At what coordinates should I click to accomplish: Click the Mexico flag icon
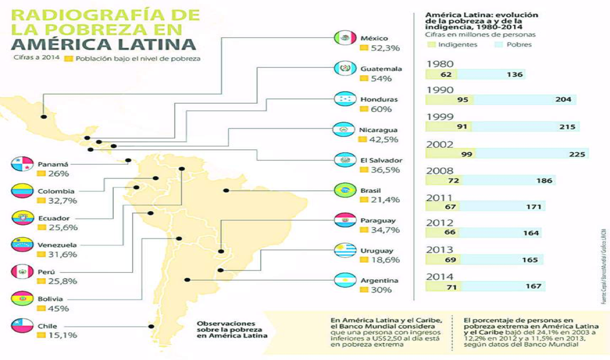point(344,38)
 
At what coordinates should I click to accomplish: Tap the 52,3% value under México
point(381,48)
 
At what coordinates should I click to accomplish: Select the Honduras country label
point(379,99)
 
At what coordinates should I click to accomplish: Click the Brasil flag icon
point(344,190)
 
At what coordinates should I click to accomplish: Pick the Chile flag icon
point(21,326)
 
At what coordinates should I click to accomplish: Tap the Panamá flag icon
point(21,164)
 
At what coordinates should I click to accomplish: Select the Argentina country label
point(379,281)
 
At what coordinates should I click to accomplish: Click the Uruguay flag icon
point(344,251)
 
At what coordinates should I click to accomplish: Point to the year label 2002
point(439,144)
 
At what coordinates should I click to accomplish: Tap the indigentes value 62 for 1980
point(446,75)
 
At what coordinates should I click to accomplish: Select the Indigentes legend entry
point(457,44)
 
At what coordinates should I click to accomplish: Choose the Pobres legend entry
point(519,44)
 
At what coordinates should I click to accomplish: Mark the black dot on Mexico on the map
point(43,117)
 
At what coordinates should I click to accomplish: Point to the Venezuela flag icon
point(21,245)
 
